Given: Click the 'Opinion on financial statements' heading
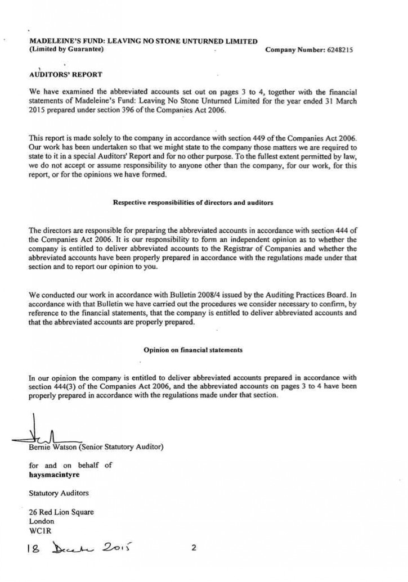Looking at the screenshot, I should click(x=193, y=349).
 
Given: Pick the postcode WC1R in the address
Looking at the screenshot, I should click(x=39, y=530).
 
